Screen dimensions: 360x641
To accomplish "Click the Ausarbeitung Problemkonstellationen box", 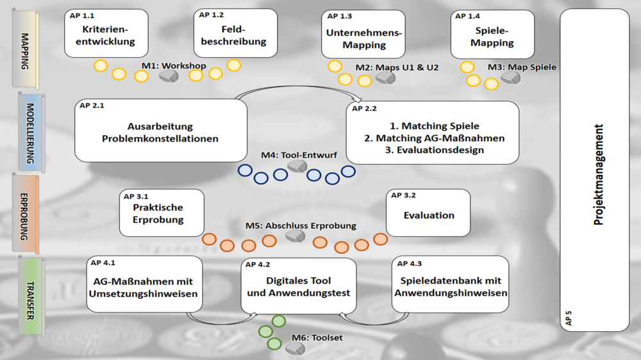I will tap(160, 131).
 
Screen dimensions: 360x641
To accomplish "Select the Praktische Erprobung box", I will tap(162, 213).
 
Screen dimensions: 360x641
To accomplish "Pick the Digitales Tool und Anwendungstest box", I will tap(299, 286).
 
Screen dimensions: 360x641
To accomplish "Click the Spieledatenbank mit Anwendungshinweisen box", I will tap(451, 285).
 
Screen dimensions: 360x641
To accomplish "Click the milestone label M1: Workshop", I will tap(174, 65).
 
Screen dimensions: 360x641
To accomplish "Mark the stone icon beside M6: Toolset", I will tap(295, 348).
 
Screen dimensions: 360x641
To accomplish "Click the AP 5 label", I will tap(569, 318).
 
